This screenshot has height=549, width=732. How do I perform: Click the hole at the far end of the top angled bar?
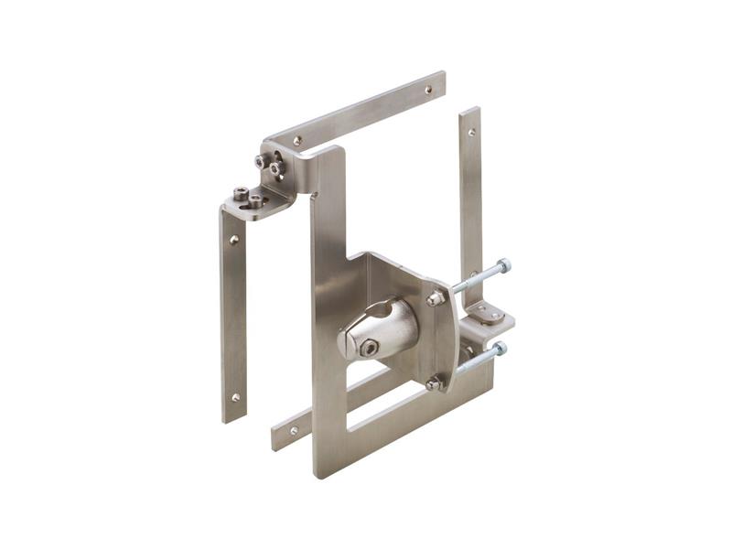coord(428,90)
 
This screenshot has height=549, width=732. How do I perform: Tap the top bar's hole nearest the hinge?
coord(297,141)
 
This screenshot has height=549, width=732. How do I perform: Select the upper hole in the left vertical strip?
coord(234,240)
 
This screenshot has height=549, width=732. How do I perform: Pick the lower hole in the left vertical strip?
coord(235,397)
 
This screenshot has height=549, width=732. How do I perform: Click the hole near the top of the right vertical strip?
coord(471,132)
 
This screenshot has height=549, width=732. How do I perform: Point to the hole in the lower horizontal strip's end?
coord(294,429)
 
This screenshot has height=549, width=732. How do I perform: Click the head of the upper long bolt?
coord(504,266)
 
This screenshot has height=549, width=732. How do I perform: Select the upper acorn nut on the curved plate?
coord(435,298)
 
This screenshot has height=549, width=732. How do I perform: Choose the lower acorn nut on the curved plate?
coord(433,384)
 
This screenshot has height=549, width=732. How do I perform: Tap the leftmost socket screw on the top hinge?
coord(240,194)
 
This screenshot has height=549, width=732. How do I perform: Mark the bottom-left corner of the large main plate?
coord(319,474)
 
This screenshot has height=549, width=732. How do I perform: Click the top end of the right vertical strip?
coord(469,111)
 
